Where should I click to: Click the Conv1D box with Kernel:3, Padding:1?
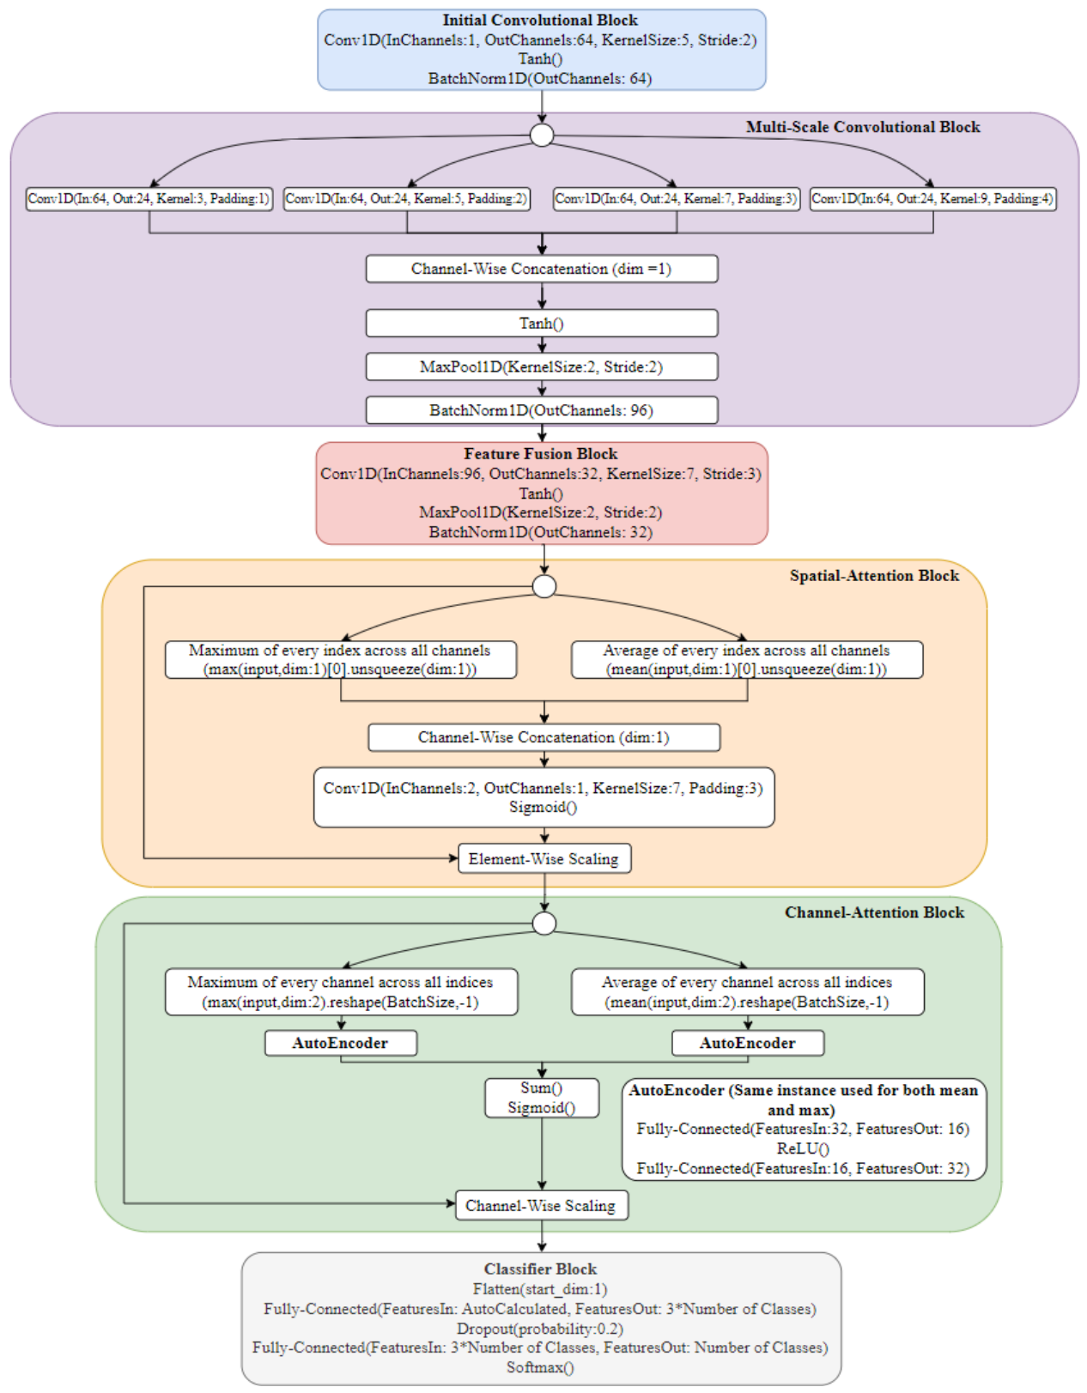(x=149, y=199)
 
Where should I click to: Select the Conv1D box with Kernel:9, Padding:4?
(x=933, y=199)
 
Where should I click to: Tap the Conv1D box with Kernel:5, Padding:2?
(x=407, y=199)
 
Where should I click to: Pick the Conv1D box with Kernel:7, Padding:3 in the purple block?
(x=677, y=199)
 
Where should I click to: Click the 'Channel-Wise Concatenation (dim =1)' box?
(x=542, y=269)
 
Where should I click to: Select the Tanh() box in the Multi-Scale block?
(x=542, y=323)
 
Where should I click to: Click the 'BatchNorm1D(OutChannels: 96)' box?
(x=542, y=410)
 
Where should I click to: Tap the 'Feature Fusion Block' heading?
(x=541, y=454)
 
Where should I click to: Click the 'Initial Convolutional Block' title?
(x=540, y=21)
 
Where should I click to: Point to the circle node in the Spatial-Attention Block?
(x=544, y=586)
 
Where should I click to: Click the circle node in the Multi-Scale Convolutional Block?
(x=542, y=136)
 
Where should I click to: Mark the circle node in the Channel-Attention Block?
(x=544, y=924)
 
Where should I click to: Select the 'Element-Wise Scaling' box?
(x=544, y=858)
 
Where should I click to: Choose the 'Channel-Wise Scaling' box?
(x=542, y=1205)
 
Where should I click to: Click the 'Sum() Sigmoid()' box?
(x=542, y=1098)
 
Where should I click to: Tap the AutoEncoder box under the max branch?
(x=341, y=1043)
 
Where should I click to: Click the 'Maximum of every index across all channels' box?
(x=341, y=660)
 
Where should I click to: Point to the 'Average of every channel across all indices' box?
(x=748, y=991)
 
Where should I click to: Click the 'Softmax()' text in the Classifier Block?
(x=541, y=1367)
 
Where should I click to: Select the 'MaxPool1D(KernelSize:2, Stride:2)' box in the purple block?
(x=542, y=366)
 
